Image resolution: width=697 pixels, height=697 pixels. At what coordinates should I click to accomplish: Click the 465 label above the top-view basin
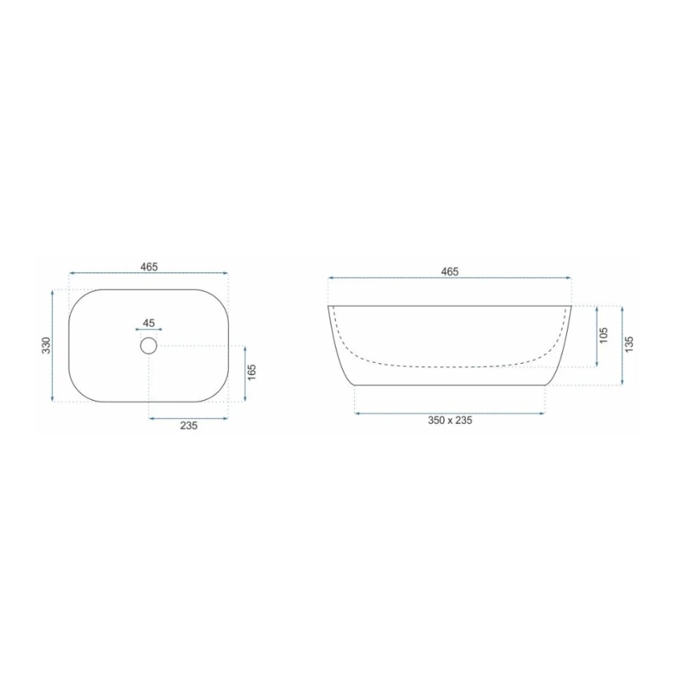tap(149, 266)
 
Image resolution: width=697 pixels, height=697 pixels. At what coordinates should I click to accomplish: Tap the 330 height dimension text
tap(46, 345)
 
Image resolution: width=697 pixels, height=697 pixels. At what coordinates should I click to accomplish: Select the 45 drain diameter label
tap(149, 323)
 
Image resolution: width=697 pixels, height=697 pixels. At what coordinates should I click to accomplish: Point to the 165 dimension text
tap(252, 373)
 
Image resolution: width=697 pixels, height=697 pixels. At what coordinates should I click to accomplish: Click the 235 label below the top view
tap(189, 426)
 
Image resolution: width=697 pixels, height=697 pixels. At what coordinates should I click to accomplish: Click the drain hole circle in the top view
tap(149, 346)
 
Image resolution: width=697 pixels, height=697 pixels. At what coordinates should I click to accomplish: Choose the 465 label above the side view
tap(450, 271)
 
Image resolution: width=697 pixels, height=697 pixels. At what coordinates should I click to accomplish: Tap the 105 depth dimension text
tap(605, 336)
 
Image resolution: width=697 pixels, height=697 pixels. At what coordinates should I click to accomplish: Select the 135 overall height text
tap(630, 344)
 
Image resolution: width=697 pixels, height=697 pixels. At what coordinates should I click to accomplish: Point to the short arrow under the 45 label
tap(149, 329)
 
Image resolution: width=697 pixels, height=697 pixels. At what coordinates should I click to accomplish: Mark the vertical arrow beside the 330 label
tap(53, 345)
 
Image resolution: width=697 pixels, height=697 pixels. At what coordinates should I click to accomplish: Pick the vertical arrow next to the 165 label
tap(244, 373)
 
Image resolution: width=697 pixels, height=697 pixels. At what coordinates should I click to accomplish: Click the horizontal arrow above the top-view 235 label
tap(189, 418)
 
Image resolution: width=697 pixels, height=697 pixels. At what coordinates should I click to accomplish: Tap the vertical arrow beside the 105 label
tap(597, 336)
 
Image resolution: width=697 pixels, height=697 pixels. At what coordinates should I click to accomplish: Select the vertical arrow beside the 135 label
tap(622, 344)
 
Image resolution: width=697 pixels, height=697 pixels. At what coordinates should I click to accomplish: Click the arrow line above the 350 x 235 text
tap(450, 413)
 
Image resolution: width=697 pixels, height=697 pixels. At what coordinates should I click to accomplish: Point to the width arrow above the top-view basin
tap(149, 275)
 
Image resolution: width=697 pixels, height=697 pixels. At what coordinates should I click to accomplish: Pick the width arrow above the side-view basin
tap(450, 279)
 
